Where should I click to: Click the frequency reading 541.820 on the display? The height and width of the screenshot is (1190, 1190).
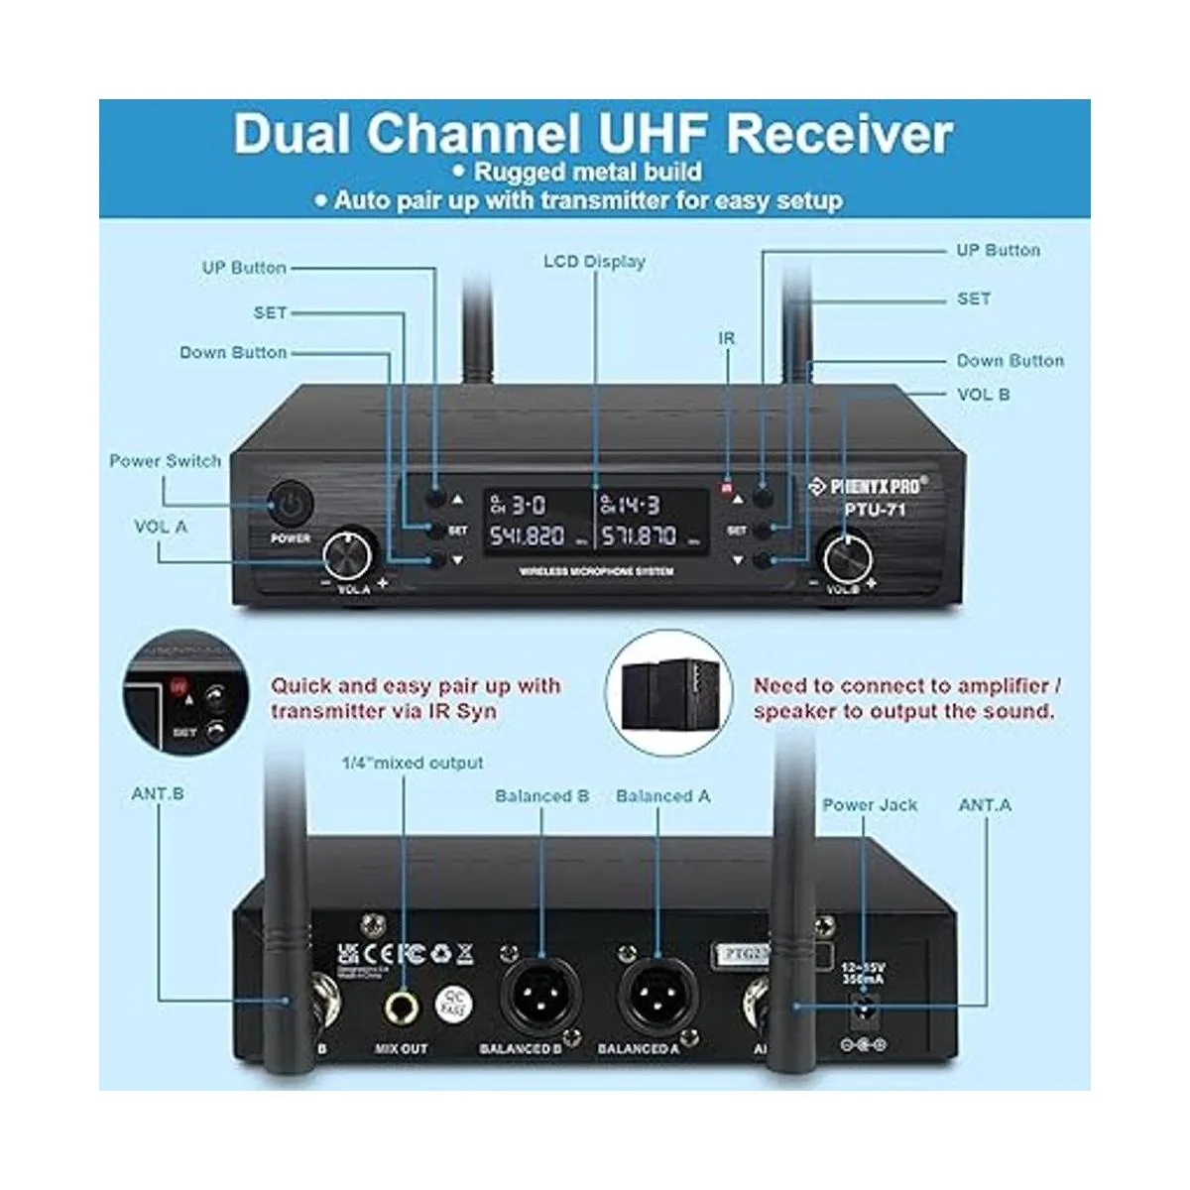(527, 536)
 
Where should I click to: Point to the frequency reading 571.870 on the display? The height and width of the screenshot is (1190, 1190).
(639, 536)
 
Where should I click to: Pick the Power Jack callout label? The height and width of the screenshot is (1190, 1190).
(870, 804)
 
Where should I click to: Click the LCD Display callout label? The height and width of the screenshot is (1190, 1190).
(594, 262)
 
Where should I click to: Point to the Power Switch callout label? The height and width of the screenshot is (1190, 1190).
(165, 461)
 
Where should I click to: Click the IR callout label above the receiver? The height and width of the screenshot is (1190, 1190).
(727, 338)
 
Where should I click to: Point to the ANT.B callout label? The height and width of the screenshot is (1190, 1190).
(158, 794)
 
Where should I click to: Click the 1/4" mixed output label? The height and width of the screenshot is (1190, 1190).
(413, 763)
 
